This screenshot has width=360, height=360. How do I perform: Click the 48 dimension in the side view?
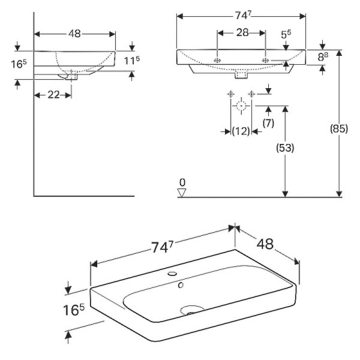(x=74, y=34)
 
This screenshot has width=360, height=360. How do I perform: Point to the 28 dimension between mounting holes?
(x=242, y=33)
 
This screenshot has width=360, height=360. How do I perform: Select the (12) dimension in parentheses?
(x=241, y=131)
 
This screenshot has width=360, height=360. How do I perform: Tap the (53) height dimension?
(x=285, y=148)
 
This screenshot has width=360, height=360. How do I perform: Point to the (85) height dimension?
(x=340, y=128)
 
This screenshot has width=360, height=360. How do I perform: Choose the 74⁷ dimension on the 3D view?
(x=161, y=247)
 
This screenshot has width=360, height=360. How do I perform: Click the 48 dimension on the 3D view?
(x=265, y=245)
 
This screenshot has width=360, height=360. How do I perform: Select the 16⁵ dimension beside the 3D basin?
(x=74, y=311)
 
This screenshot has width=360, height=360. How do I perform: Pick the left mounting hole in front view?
(x=218, y=61)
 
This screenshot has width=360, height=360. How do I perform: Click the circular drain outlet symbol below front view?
(x=241, y=107)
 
